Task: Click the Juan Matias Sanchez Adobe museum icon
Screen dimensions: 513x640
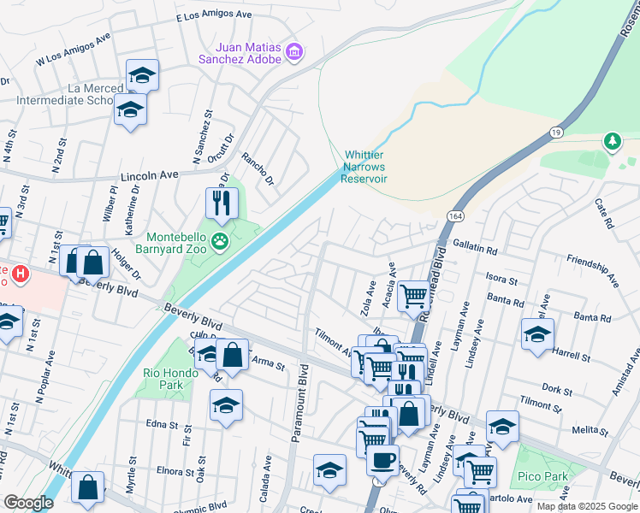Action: pyautogui.click(x=294, y=53)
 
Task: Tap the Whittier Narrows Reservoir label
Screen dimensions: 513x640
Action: pyautogui.click(x=364, y=167)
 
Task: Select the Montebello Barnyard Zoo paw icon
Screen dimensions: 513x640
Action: pyautogui.click(x=221, y=242)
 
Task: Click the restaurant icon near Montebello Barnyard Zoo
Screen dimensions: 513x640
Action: pyautogui.click(x=222, y=203)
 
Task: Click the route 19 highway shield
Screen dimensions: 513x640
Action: pyautogui.click(x=555, y=133)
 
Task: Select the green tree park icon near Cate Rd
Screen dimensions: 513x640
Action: pyautogui.click(x=612, y=140)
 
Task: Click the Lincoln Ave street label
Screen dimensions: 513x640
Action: pyautogui.click(x=149, y=174)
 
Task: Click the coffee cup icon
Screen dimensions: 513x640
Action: pyautogui.click(x=382, y=458)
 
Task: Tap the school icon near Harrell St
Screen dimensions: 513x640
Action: pyautogui.click(x=536, y=333)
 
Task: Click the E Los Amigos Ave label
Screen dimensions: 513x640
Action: pyautogui.click(x=214, y=15)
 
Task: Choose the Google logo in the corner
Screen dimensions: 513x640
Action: pyautogui.click(x=28, y=503)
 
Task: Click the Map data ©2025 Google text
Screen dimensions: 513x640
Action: pyautogui.click(x=587, y=506)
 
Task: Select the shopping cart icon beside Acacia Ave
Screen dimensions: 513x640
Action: pyautogui.click(x=413, y=296)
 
